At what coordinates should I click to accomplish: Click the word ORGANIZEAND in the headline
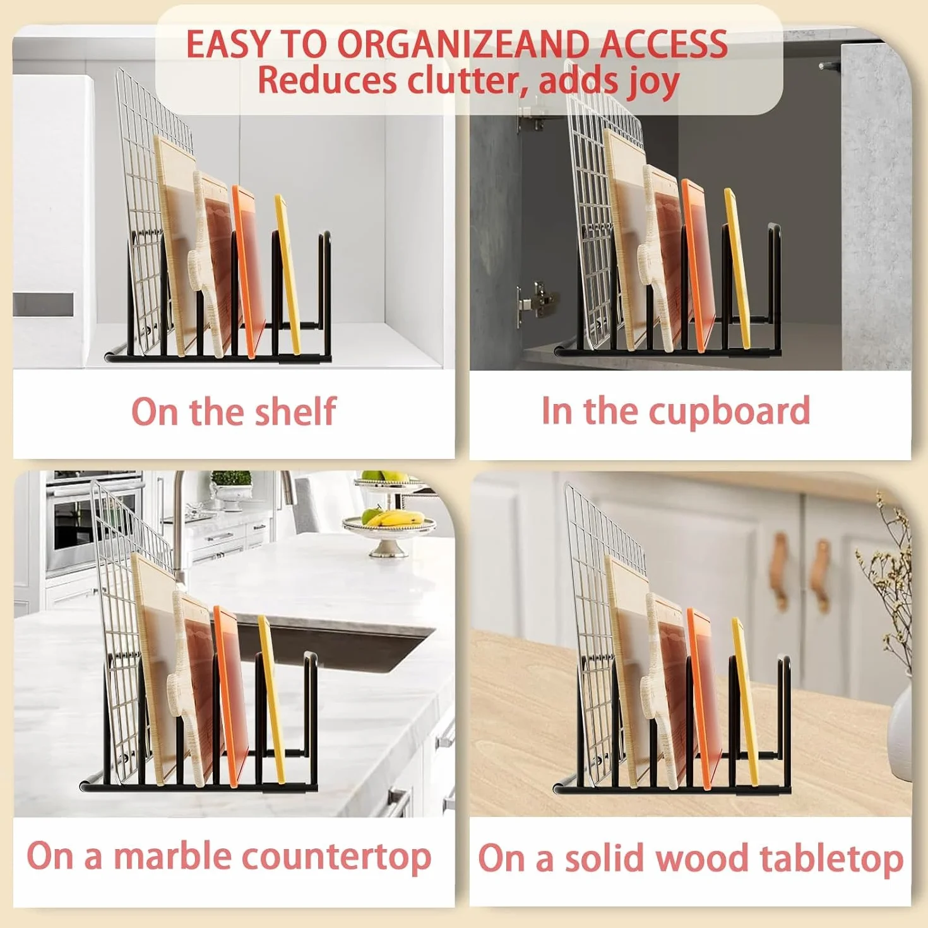[465, 44]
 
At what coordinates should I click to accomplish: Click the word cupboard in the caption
[729, 412]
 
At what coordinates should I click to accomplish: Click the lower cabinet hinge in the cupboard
[535, 299]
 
